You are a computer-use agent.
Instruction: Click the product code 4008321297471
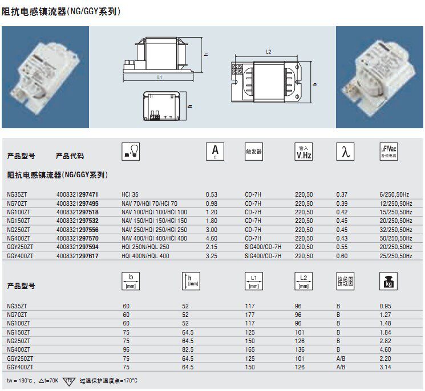tap(77, 194)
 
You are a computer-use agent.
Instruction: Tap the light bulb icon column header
tap(131, 152)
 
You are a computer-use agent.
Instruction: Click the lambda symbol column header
tap(345, 152)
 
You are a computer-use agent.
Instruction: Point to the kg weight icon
tap(388, 281)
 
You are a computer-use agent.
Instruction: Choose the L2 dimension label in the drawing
tap(268, 52)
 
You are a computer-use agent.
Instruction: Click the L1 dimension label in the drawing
tap(160, 78)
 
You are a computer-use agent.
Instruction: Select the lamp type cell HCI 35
tap(130, 194)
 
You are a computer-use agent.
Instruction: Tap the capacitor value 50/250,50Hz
tap(396, 238)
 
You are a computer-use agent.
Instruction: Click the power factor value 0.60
tap(342, 256)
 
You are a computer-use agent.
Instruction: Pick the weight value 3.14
tap(385, 367)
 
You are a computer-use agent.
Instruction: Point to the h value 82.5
tap(188, 349)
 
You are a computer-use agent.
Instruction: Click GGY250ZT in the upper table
tap(20, 247)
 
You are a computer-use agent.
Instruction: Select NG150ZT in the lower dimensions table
tap(18, 332)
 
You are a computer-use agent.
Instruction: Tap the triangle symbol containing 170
tap(69, 381)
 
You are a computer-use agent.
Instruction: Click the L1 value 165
tap(250, 349)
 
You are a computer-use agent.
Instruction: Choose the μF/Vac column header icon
tap(388, 152)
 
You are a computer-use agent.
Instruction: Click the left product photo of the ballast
tap(45, 77)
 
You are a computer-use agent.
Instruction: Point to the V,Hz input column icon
tap(303, 152)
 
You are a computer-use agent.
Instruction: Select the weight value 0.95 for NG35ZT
tap(385, 306)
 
